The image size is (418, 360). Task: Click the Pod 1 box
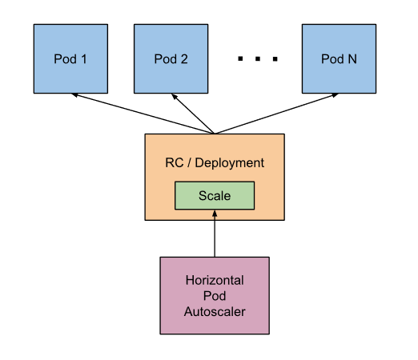tap(70, 58)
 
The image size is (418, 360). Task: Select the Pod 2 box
tap(171, 58)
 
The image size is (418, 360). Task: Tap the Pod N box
tap(339, 58)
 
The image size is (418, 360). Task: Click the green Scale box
tap(215, 195)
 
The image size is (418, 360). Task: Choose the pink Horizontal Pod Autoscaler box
tap(215, 295)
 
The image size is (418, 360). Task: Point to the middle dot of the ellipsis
tap(258, 58)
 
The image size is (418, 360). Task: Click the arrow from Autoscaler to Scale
tap(215, 234)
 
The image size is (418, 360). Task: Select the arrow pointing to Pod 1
tap(143, 114)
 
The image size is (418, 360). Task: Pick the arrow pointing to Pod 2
tap(193, 114)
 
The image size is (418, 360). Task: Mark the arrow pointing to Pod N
tap(276, 114)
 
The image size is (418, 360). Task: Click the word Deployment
tap(230, 163)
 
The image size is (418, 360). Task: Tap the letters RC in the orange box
tap(175, 162)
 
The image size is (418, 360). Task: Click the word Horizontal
tap(215, 280)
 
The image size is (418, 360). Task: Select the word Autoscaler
tap(215, 311)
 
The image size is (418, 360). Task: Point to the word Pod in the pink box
tap(215, 296)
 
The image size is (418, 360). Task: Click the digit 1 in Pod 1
tap(84, 59)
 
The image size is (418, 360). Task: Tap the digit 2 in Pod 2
tap(184, 59)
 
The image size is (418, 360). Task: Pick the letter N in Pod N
tap(352, 59)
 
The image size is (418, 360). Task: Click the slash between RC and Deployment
tap(189, 162)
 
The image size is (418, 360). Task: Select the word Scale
tap(215, 196)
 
